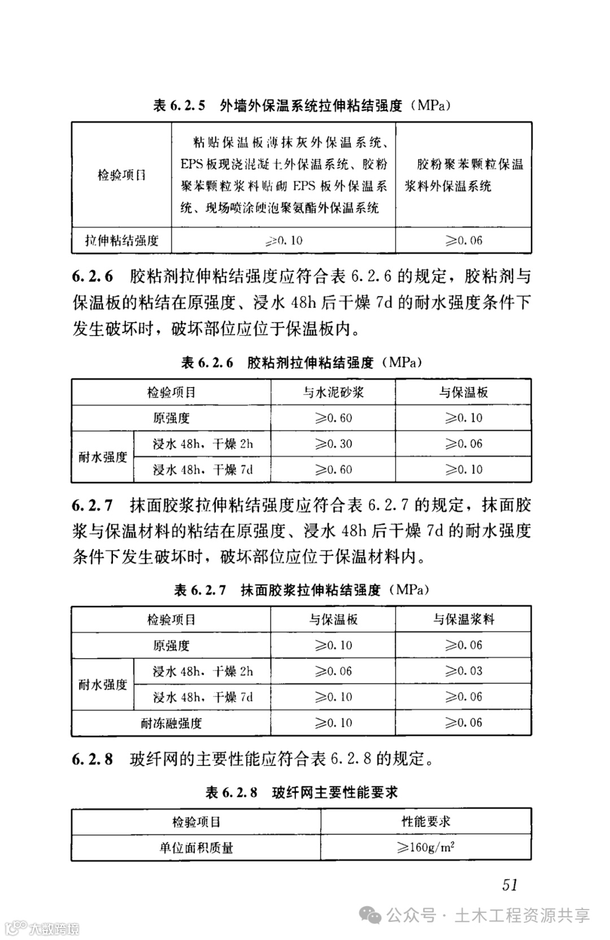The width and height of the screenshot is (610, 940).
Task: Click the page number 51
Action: click(x=509, y=884)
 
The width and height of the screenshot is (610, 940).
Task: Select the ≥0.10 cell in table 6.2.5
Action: click(x=284, y=241)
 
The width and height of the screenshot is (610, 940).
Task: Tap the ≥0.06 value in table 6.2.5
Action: click(x=464, y=241)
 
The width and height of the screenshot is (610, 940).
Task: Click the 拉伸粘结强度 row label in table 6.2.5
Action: click(x=121, y=241)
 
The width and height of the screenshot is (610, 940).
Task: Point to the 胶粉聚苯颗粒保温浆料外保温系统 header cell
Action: click(x=464, y=175)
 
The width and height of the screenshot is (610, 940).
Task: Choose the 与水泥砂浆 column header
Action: click(x=333, y=392)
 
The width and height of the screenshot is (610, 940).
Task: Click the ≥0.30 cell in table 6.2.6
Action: click(x=333, y=444)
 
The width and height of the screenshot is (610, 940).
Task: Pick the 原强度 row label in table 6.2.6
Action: click(x=171, y=418)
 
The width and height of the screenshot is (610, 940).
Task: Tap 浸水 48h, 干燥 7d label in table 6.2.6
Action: click(x=203, y=469)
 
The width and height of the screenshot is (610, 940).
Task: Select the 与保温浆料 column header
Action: click(x=464, y=620)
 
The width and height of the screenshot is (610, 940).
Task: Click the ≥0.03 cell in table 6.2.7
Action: click(x=464, y=671)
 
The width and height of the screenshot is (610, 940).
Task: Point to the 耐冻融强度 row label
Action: click(x=171, y=723)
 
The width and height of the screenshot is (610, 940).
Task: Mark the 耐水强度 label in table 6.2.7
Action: click(x=103, y=684)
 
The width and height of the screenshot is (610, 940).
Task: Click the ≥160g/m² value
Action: click(x=426, y=847)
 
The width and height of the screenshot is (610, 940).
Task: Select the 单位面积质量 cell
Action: click(x=196, y=847)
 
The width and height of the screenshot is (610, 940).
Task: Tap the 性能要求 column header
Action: click(x=426, y=821)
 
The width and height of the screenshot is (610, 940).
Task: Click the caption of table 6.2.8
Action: click(x=302, y=793)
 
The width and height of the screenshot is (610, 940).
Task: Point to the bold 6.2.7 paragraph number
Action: click(x=92, y=505)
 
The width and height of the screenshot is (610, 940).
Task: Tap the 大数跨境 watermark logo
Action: click(x=42, y=928)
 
